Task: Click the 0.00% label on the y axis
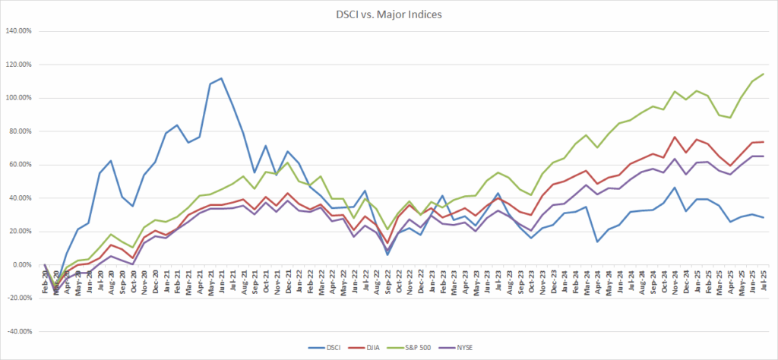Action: tap(25, 265)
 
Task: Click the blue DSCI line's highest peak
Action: tap(221, 78)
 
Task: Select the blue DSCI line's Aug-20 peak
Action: tap(111, 161)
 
